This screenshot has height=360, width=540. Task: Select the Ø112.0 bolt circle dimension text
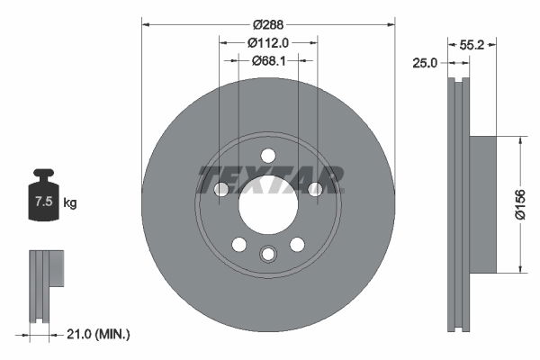(268, 41)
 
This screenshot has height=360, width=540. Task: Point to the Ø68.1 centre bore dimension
(268, 60)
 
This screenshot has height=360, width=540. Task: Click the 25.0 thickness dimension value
(425, 62)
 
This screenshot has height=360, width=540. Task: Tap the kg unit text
(70, 203)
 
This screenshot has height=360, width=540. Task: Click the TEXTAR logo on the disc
(268, 179)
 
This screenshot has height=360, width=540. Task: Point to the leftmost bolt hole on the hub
(221, 188)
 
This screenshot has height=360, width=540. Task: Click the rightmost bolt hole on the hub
(315, 188)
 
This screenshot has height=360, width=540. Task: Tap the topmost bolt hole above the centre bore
(268, 155)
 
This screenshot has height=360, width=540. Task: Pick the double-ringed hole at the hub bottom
(268, 255)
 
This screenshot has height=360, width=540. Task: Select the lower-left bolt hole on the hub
(239, 244)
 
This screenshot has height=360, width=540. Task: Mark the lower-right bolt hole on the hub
(297, 244)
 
